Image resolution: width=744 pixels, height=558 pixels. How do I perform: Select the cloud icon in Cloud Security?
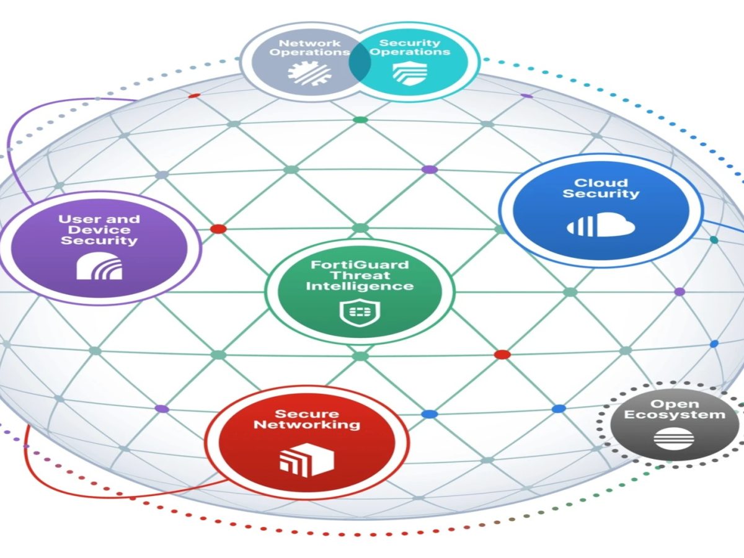601,224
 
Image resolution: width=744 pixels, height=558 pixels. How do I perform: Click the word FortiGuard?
360,265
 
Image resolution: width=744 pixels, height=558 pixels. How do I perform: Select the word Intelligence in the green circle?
360,286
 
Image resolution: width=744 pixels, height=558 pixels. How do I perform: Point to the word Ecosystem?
674,415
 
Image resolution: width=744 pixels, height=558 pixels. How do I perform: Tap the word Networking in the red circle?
307,425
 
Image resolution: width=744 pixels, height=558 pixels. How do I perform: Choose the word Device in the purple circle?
99,229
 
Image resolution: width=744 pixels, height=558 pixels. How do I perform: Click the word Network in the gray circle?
301,43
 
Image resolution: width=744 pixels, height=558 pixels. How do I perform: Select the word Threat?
360,275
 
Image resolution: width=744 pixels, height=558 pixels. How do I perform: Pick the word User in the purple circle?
78,219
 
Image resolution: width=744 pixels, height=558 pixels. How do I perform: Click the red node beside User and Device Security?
218,229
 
